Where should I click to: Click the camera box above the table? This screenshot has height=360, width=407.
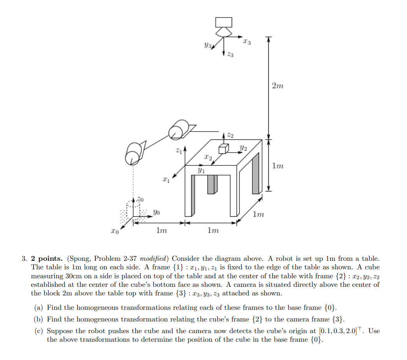click(224, 22)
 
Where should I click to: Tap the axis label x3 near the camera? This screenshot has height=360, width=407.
click(246, 41)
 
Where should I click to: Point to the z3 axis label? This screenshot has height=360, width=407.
click(230, 56)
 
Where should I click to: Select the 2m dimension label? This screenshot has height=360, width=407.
click(277, 86)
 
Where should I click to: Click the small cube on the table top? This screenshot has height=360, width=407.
click(224, 149)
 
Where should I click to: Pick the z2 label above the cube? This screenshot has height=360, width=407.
click(230, 135)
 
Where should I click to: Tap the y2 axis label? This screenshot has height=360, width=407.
click(243, 148)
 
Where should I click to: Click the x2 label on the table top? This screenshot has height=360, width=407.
click(208, 158)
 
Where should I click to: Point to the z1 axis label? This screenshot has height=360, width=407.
click(178, 150)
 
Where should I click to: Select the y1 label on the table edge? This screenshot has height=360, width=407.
click(201, 170)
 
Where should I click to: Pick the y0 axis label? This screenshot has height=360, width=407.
click(156, 212)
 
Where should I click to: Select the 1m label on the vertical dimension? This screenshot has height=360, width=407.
click(278, 166)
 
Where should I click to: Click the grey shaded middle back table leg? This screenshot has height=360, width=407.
click(211, 184)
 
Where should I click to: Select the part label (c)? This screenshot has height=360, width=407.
click(39, 331)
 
